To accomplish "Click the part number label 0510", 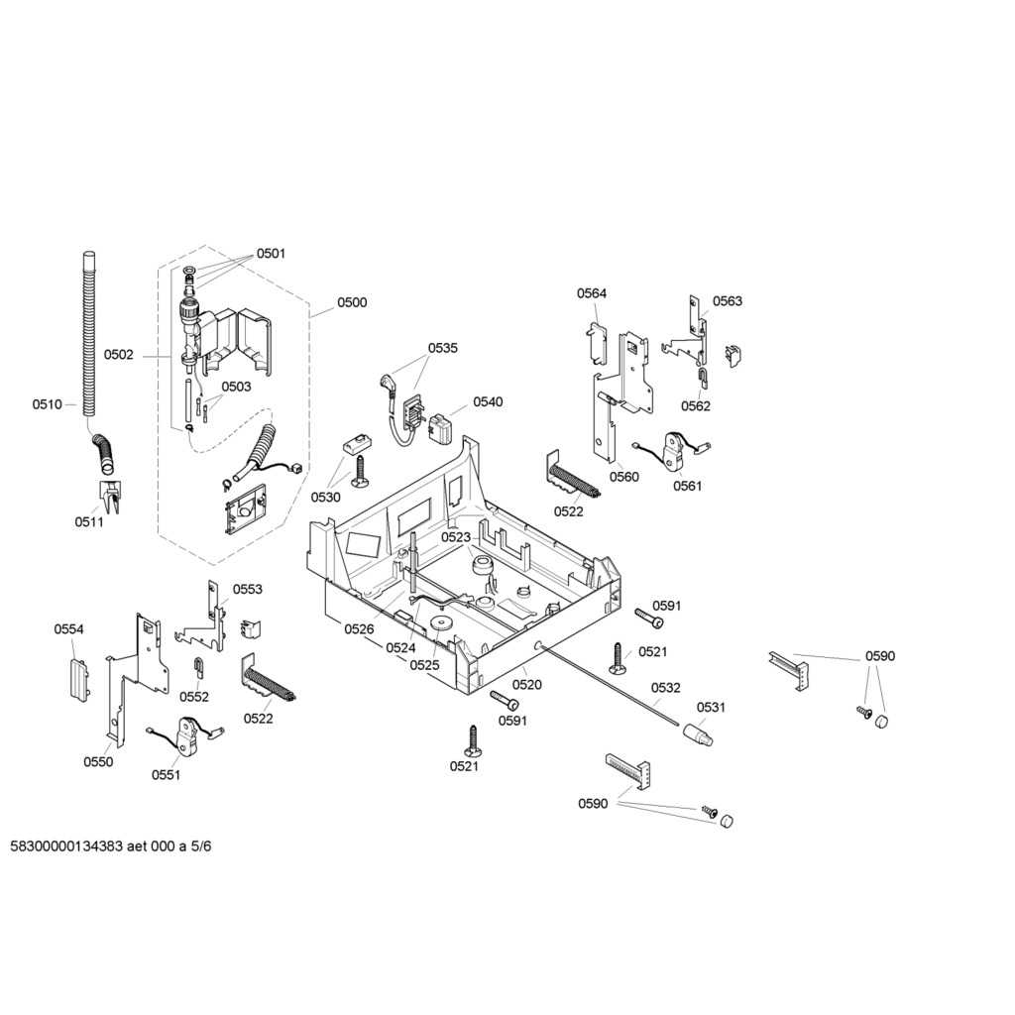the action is pyautogui.click(x=48, y=404).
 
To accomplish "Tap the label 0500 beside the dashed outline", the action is pyautogui.click(x=352, y=302).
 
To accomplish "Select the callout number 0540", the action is pyautogui.click(x=488, y=402).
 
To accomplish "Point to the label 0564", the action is pyautogui.click(x=592, y=293).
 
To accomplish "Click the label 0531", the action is pyautogui.click(x=711, y=708).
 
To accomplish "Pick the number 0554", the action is pyautogui.click(x=68, y=629).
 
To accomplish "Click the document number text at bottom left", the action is pyautogui.click(x=111, y=846).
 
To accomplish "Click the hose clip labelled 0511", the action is pyautogui.click(x=109, y=497).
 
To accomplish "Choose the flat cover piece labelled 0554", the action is pyautogui.click(x=79, y=679).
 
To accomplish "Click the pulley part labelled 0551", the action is pyautogui.click(x=186, y=736).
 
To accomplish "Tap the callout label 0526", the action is pyautogui.click(x=359, y=629).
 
